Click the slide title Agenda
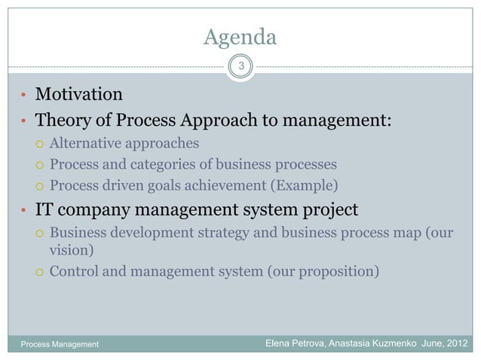(x=240, y=36)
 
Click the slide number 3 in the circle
(x=240, y=66)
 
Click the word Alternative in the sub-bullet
(x=84, y=143)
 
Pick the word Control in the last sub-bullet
(x=75, y=271)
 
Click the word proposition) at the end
(x=335, y=271)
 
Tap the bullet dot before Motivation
(x=24, y=96)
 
